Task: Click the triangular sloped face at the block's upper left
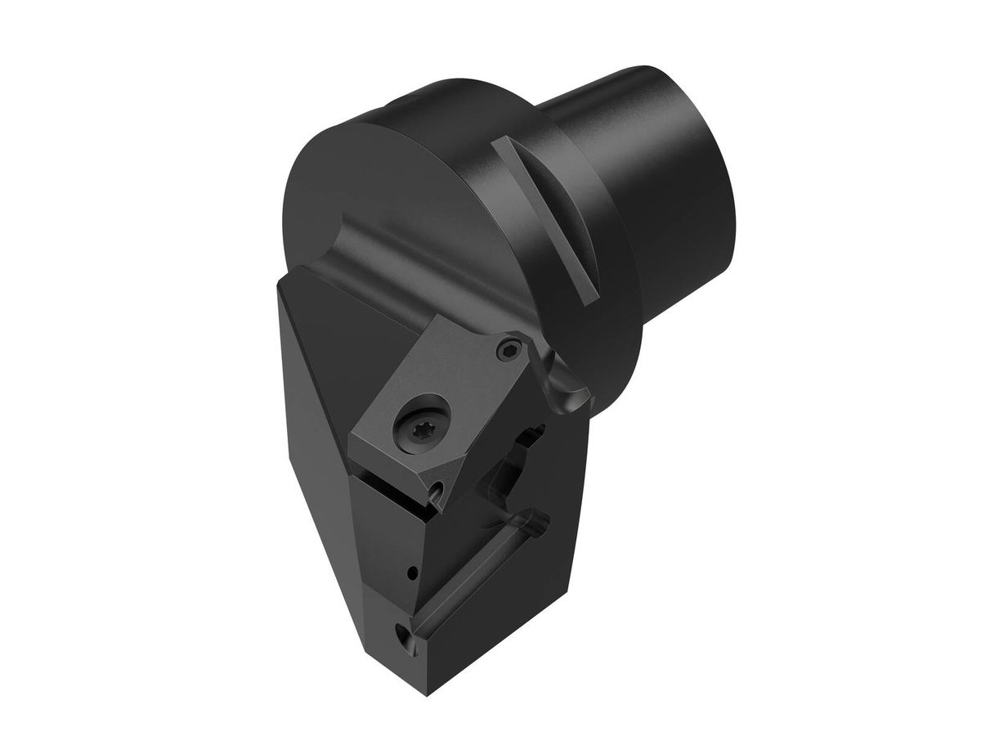tap(343, 327)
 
